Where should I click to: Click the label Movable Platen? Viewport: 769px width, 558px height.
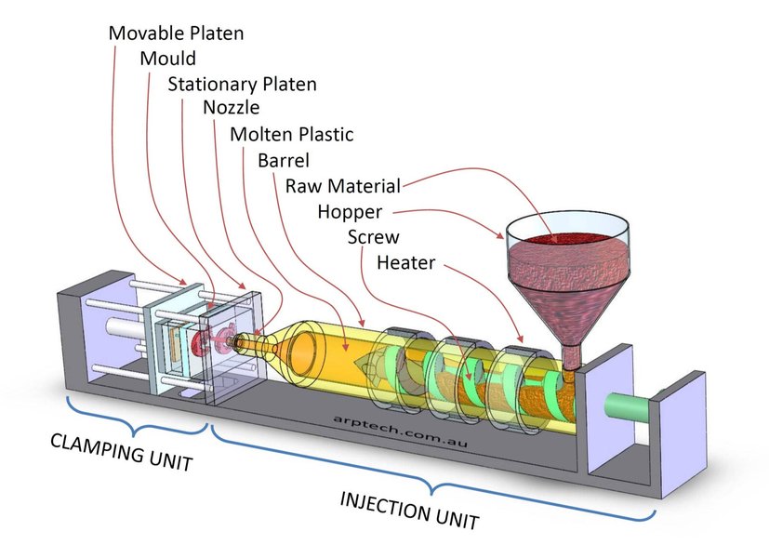pyautogui.click(x=176, y=33)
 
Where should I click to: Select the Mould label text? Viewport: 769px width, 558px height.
pyautogui.click(x=168, y=59)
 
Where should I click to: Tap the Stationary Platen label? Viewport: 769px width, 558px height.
pyautogui.click(x=242, y=85)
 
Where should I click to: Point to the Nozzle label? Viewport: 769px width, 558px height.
pyautogui.click(x=232, y=109)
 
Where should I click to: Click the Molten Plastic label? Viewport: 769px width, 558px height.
pyautogui.click(x=291, y=135)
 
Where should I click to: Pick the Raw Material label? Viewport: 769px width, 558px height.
pyautogui.click(x=342, y=185)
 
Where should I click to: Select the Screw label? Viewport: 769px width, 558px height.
pyautogui.click(x=373, y=236)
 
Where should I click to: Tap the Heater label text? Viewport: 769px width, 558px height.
pyautogui.click(x=405, y=262)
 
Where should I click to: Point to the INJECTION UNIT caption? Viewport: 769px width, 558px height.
pyautogui.click(x=409, y=511)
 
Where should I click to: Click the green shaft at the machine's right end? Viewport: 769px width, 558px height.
pyautogui.click(x=626, y=407)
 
